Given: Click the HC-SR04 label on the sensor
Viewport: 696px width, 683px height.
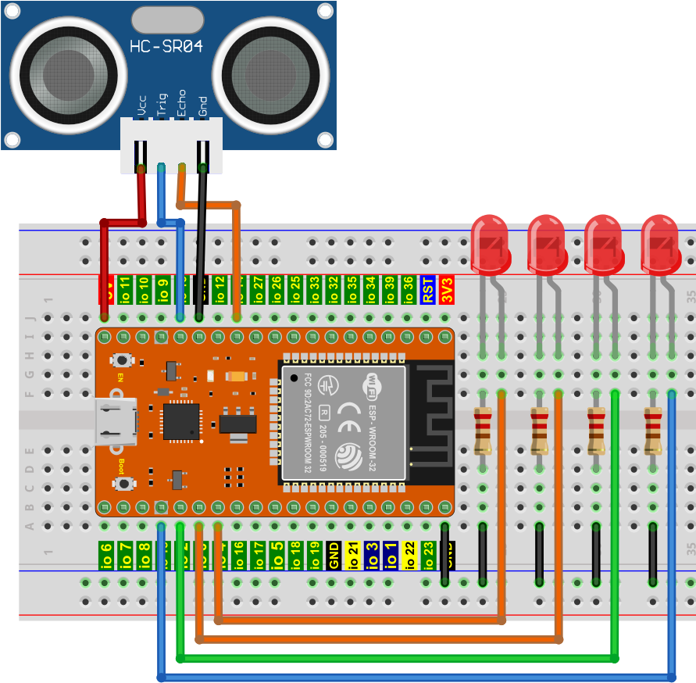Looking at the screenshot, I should pos(166,46).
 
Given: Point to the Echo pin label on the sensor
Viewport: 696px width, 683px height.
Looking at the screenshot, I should pos(182,104).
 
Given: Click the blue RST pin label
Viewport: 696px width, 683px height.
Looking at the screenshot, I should pos(427,290).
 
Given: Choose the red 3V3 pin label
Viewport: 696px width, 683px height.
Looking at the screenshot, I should pos(446,290).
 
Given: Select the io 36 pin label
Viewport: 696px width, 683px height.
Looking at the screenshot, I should pos(408,290).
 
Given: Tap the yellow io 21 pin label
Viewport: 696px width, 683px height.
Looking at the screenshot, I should pos(352,554).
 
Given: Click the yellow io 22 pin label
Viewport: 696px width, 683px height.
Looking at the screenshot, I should pos(409,554).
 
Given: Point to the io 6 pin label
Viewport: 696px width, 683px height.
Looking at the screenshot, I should pos(106,554).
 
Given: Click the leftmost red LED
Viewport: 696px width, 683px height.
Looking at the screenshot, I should pos(490,245).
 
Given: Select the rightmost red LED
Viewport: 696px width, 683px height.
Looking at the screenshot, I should pos(659,245).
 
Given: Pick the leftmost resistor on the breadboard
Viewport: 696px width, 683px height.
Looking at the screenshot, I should pos(483,431).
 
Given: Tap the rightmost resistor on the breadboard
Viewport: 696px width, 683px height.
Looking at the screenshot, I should pos(653,431).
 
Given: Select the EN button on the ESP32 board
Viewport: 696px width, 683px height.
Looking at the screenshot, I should pos(122,361).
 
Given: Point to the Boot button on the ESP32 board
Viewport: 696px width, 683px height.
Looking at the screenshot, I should pos(122,483).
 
